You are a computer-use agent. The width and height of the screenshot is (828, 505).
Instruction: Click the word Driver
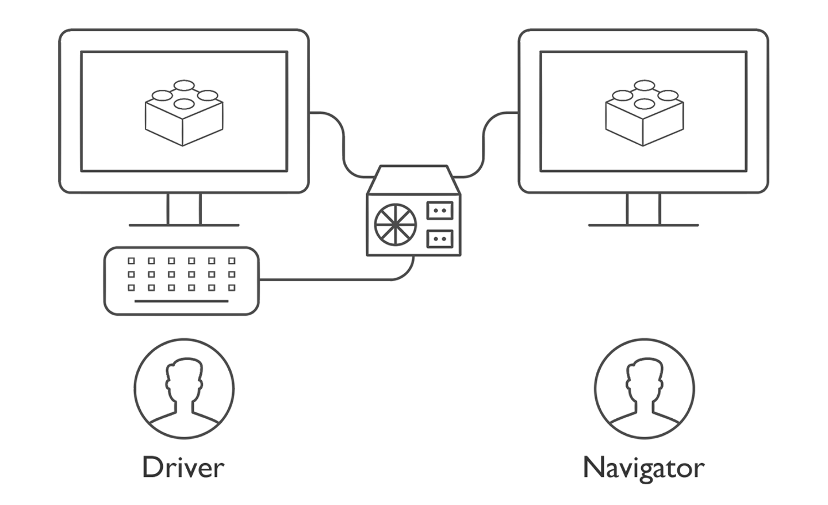click(183, 468)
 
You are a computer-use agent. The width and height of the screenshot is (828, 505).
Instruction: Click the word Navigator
click(643, 469)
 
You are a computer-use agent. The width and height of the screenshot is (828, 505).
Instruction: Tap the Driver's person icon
click(184, 389)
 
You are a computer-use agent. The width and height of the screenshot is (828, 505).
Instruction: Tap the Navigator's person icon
click(645, 389)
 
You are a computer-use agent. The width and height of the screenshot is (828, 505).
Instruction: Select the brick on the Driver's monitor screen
click(184, 113)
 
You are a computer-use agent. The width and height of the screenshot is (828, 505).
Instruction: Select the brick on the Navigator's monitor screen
click(644, 113)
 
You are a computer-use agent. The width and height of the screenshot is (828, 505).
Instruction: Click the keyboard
click(182, 281)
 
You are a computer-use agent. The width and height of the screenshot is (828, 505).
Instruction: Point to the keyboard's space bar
click(182, 301)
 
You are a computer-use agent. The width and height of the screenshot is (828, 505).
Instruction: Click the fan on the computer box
click(396, 225)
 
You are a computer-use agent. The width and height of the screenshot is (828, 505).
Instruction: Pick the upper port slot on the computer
click(440, 211)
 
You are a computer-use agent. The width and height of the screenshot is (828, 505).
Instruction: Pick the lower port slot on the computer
click(440, 239)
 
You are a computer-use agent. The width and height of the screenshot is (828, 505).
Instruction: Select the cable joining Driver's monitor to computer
click(344, 144)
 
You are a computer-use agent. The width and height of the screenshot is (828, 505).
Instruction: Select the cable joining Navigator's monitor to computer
click(483, 144)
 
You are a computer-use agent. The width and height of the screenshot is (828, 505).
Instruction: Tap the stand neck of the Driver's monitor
click(184, 209)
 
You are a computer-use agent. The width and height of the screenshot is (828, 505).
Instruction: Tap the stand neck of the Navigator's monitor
click(643, 209)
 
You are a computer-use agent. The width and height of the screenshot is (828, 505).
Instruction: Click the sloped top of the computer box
click(413, 179)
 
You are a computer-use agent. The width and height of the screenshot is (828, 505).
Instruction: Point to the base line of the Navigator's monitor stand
click(643, 225)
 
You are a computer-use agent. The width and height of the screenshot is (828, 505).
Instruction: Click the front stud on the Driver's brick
click(184, 104)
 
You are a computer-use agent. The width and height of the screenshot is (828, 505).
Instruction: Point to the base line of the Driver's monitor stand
click(184, 225)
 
